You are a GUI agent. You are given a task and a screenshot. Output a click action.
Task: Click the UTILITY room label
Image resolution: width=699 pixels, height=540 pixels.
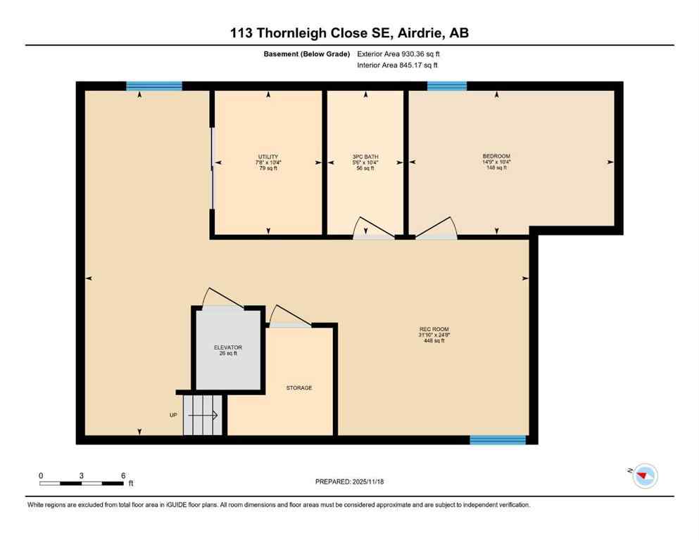[x=267, y=156]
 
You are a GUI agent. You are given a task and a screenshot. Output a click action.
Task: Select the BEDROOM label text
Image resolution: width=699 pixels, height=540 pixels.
[x=496, y=156]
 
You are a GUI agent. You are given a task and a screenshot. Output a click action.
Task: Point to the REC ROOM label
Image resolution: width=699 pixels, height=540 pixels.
[x=434, y=329]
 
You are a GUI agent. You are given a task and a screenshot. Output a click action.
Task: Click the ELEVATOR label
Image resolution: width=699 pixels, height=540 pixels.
[x=228, y=347]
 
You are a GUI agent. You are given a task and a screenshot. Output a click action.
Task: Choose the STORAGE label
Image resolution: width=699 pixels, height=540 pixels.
[x=298, y=387]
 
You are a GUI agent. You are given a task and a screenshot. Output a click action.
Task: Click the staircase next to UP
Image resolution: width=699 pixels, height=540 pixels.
[x=203, y=415]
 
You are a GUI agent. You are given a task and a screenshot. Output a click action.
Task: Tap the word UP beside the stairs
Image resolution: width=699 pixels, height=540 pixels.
[x=173, y=415]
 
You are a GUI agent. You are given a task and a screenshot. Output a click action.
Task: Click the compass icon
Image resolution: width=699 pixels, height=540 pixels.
[x=644, y=476]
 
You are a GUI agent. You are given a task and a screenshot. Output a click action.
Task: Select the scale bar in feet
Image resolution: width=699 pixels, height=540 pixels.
[x=81, y=483]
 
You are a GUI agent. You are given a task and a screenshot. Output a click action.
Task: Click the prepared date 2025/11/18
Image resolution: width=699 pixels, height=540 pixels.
[x=349, y=482]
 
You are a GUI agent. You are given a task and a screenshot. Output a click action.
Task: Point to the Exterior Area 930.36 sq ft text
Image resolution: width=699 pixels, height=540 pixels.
[x=402, y=53]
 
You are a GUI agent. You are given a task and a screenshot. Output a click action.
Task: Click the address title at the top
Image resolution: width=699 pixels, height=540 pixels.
[x=349, y=32]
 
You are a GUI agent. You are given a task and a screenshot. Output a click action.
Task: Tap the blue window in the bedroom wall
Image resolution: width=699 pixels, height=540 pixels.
[x=447, y=86]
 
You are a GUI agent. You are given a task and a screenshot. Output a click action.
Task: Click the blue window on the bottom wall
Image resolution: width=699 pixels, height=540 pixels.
[x=498, y=440]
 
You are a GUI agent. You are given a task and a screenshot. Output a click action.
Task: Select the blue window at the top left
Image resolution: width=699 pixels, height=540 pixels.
[x=154, y=86]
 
